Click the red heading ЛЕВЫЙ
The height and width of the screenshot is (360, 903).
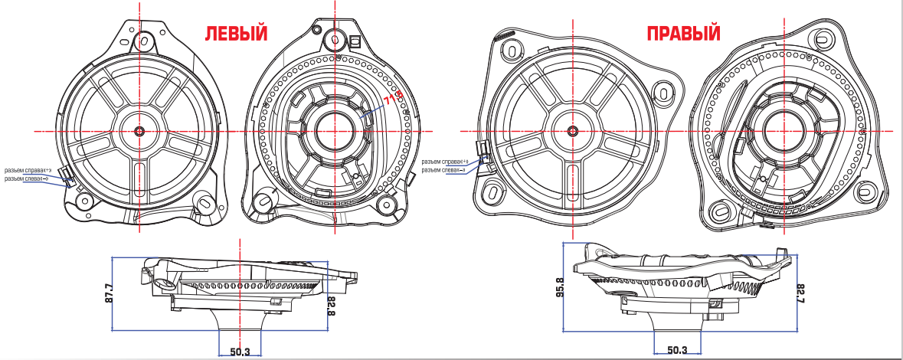click(234, 34)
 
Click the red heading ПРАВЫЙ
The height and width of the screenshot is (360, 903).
click(683, 34)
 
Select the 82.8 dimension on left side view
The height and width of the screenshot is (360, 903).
click(332, 303)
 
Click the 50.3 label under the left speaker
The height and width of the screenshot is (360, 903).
click(240, 352)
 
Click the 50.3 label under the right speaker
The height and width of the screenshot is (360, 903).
click(676, 351)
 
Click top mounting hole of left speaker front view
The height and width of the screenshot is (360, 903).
click(142, 37)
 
